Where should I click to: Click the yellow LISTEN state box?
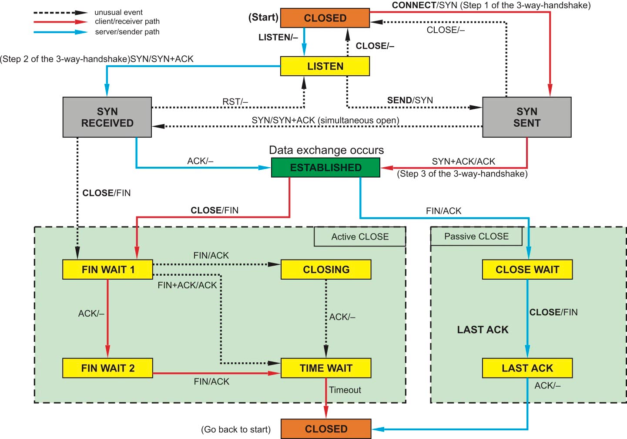[325, 66]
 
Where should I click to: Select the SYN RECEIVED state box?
[107, 117]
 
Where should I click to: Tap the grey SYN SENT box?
[526, 117]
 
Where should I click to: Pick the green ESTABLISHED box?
[325, 168]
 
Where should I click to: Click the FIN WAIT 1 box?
[107, 270]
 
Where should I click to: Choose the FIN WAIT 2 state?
[107, 368]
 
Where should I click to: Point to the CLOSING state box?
[326, 270]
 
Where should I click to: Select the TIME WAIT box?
[326, 368]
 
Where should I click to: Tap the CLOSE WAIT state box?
[527, 270]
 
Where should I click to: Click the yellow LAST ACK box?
[527, 368]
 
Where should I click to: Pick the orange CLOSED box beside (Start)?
[325, 18]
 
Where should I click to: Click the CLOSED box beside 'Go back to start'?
[326, 429]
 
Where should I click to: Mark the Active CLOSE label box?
[360, 236]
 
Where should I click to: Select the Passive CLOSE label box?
[476, 236]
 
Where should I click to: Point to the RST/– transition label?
[235, 102]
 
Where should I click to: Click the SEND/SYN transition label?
[410, 100]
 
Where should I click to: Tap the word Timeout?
[345, 390]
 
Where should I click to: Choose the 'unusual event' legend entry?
[118, 12]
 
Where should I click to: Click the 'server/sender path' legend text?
[127, 32]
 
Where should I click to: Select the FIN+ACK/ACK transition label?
[187, 285]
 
